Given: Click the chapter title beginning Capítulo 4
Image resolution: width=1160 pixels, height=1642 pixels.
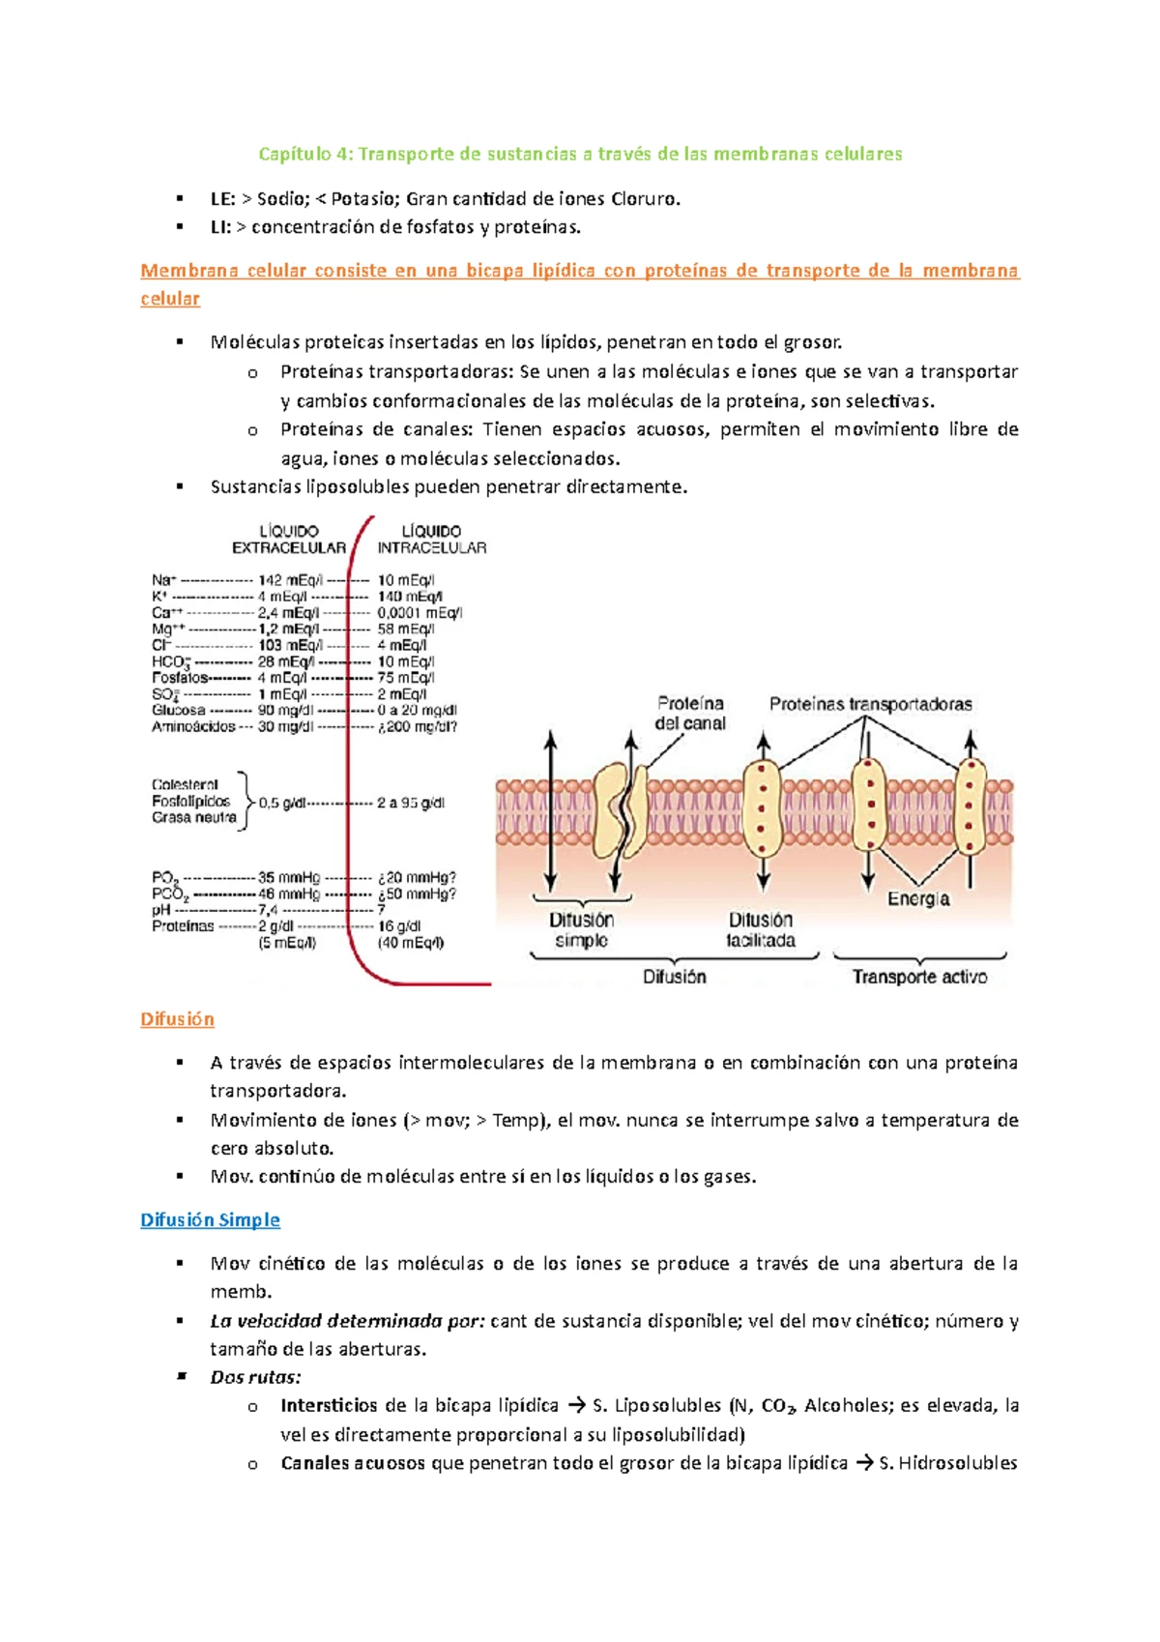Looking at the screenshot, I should pyautogui.click(x=580, y=154).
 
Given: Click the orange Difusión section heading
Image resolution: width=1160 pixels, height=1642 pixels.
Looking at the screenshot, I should pyautogui.click(x=177, y=1019).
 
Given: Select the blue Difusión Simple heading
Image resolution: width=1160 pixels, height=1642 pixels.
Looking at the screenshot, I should pyautogui.click(x=210, y=1219).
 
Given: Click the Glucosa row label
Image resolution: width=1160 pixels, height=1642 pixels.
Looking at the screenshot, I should pyautogui.click(x=178, y=710).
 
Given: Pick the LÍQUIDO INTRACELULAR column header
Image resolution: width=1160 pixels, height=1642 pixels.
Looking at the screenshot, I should pyautogui.click(x=431, y=540).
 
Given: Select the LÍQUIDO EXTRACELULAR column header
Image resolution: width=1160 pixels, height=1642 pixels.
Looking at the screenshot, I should pyautogui.click(x=288, y=540).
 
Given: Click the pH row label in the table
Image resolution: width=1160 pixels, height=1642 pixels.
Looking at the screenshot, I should pyautogui.click(x=161, y=910).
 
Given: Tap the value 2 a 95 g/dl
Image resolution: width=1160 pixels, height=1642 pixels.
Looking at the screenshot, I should pyautogui.click(x=411, y=803).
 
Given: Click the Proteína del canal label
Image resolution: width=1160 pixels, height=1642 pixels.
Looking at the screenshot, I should pyautogui.click(x=689, y=714).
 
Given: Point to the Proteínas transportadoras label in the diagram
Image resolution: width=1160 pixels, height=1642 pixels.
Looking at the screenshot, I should pyautogui.click(x=870, y=704).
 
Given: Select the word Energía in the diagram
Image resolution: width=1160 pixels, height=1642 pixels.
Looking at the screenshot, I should pyautogui.click(x=918, y=899).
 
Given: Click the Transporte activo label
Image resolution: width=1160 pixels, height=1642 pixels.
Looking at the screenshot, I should pyautogui.click(x=919, y=977).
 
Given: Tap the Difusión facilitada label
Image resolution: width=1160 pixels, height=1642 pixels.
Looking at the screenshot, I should pyautogui.click(x=761, y=930).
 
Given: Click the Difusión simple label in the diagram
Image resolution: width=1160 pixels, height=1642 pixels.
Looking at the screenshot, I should pyautogui.click(x=581, y=930).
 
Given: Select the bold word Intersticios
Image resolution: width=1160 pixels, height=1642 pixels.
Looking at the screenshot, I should pyautogui.click(x=329, y=1405).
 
